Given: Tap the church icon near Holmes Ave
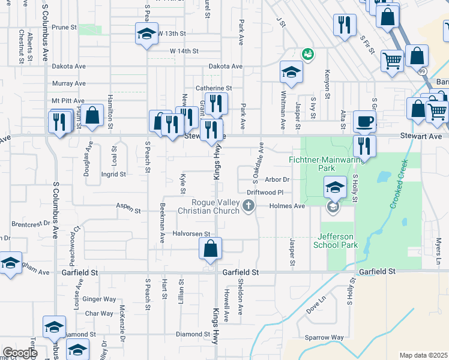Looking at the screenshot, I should [248, 207].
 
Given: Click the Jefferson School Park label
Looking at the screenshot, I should [336, 241].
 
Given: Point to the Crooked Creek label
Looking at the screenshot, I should [399, 185].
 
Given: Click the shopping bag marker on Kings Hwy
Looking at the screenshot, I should [210, 250].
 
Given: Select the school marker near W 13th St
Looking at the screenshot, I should [146, 35].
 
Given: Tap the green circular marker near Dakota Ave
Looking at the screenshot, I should [308, 55].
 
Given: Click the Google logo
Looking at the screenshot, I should [19, 353].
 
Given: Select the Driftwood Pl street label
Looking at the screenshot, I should [264, 193].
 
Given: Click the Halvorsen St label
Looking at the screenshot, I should [190, 233].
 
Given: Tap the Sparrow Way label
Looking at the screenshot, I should [324, 338].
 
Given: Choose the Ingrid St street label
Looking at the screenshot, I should [113, 175].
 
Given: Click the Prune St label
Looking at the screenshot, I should [64, 28].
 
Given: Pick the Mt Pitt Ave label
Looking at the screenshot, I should [68, 101].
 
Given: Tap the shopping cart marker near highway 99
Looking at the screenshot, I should [393, 61].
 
